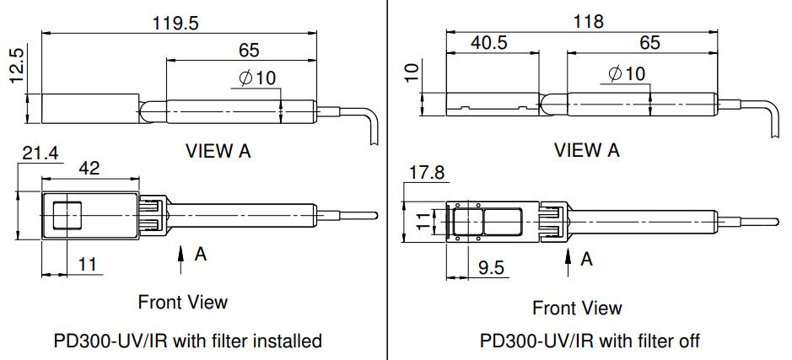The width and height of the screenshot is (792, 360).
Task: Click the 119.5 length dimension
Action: (175, 23)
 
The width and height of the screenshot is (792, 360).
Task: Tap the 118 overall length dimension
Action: (588, 21)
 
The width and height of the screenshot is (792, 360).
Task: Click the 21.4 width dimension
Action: (39, 153)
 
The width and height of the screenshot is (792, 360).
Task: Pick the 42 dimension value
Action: (89, 168)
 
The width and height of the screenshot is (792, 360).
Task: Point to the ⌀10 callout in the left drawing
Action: (257, 78)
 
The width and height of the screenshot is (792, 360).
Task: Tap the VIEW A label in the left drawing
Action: (218, 151)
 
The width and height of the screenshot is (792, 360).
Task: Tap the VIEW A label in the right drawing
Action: (586, 150)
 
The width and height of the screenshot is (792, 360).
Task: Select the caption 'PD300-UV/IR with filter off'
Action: (589, 341)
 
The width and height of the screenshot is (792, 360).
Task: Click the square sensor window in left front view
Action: (67, 215)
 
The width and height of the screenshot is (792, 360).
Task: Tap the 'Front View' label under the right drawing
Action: (577, 308)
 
